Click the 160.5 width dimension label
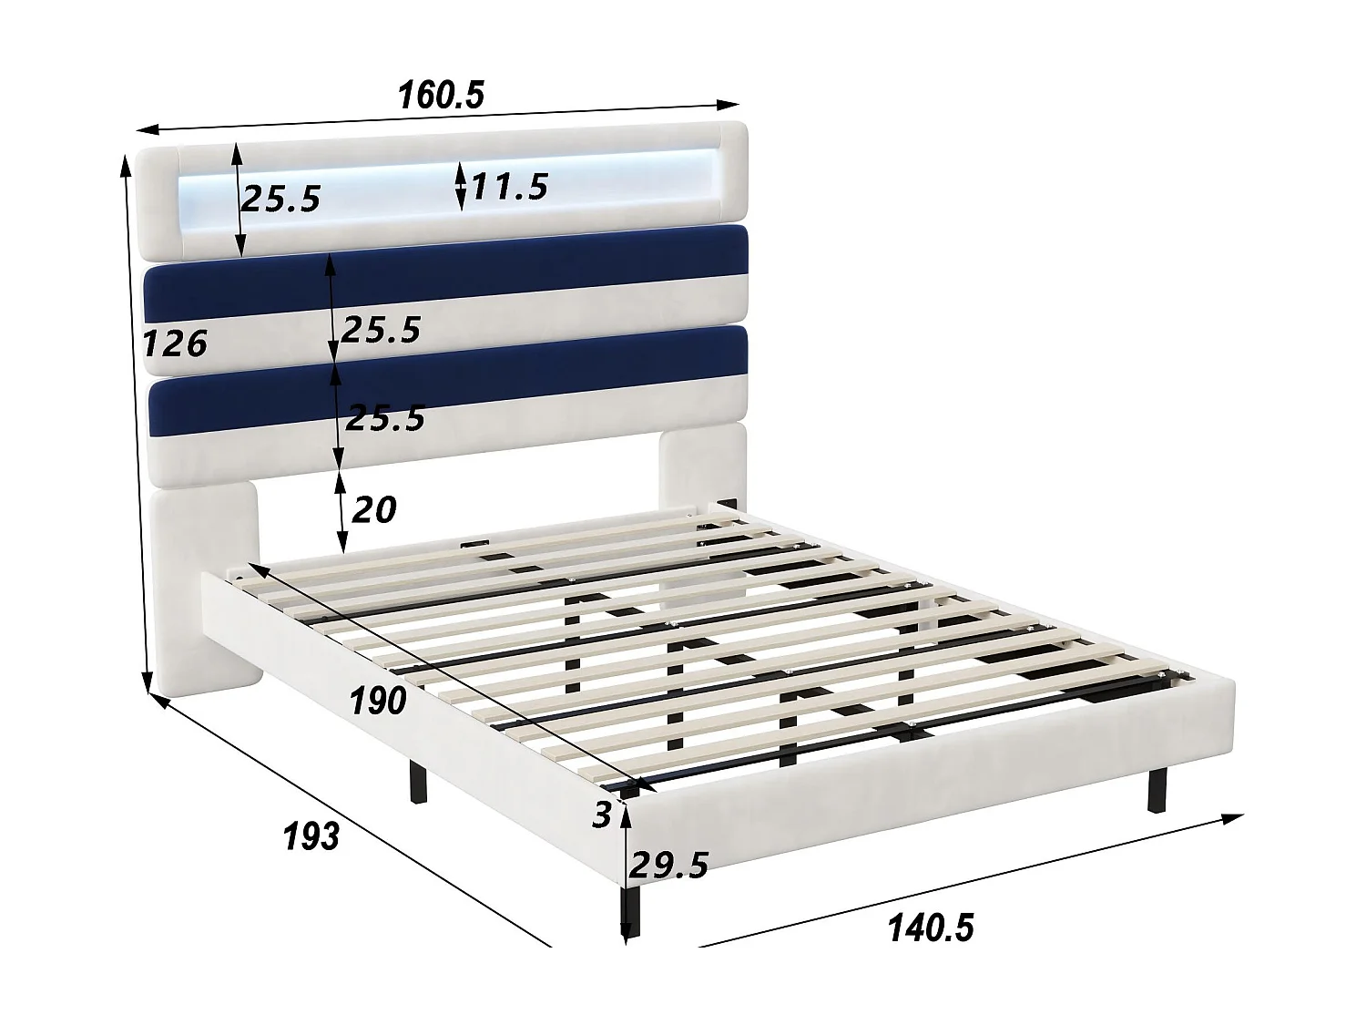click(x=441, y=95)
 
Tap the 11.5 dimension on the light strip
click(x=508, y=186)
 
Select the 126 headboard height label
click(x=176, y=343)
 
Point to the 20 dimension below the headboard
click(x=373, y=509)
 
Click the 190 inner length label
click(x=377, y=701)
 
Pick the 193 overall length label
click(x=311, y=835)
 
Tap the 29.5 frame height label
click(x=669, y=865)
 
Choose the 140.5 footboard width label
click(x=930, y=928)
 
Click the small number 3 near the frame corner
click(x=602, y=815)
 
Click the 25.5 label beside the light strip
click(x=281, y=198)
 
